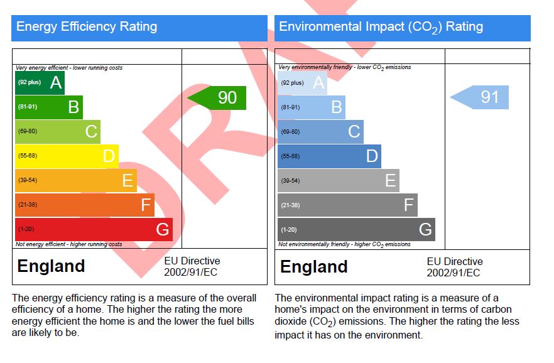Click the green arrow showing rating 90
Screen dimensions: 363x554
[x=219, y=98]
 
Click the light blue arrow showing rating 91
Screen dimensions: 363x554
[x=481, y=97]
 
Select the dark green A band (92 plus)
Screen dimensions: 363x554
[x=39, y=82]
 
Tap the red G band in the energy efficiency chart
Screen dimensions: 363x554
[x=93, y=229]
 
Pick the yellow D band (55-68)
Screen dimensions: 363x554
[x=66, y=156]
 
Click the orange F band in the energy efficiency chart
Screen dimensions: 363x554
[x=84, y=205]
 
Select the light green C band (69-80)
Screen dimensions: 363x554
[x=57, y=131]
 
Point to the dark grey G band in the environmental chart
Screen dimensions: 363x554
[x=356, y=229]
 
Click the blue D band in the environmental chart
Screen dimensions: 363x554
[x=329, y=156]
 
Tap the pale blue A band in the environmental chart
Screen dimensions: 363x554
[x=301, y=82]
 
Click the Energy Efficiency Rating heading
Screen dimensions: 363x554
[x=87, y=27]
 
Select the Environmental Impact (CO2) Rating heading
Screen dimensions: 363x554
[x=381, y=27]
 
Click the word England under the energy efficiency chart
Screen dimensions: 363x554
[x=51, y=266]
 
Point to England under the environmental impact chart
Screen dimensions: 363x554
[x=313, y=267]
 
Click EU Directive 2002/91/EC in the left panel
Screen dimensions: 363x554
[x=192, y=266]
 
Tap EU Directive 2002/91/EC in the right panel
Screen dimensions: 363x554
[x=455, y=267]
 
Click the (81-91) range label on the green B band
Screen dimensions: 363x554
[x=27, y=107]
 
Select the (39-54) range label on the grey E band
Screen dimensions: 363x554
[x=290, y=181]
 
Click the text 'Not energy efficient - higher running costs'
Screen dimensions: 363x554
[x=68, y=244]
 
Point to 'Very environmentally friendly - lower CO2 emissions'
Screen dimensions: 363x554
[x=345, y=67]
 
